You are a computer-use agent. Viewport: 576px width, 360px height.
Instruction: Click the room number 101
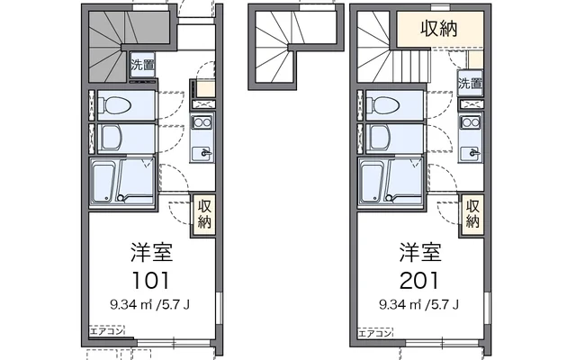(152, 277)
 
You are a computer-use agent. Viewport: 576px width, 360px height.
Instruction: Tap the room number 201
(421, 277)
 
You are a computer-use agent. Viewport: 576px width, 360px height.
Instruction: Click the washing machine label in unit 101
(141, 65)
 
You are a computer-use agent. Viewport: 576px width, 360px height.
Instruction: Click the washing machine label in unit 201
(468, 84)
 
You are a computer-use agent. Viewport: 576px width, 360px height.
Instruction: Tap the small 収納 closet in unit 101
(204, 212)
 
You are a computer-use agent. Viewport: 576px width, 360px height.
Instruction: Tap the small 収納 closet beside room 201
(473, 212)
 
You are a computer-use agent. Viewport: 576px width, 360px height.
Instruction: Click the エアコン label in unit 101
(106, 332)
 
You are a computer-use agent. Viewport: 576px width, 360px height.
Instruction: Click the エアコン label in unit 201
(374, 332)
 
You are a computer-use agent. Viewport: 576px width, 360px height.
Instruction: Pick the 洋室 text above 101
(152, 250)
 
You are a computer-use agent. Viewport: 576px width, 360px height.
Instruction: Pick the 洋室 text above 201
(421, 250)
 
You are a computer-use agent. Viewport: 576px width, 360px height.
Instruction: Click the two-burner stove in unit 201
(471, 121)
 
